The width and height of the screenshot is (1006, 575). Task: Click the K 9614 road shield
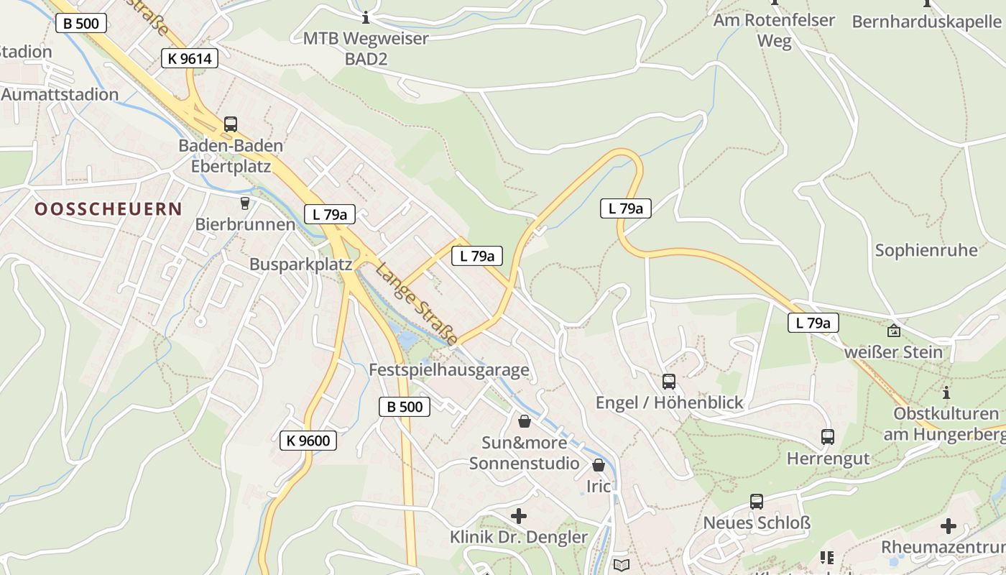pyautogui.click(x=190, y=59)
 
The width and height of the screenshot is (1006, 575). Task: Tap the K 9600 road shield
pyautogui.click(x=308, y=441)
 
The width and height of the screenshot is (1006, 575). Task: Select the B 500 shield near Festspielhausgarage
pyautogui.click(x=405, y=407)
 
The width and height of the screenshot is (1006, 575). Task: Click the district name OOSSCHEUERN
pyautogui.click(x=109, y=209)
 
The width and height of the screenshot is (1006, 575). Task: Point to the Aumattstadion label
pyautogui.click(x=60, y=94)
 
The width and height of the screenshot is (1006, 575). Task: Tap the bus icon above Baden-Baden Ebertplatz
pyautogui.click(x=230, y=124)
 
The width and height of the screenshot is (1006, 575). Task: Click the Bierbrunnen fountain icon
pyautogui.click(x=245, y=203)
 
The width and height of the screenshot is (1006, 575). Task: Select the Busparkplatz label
pyautogui.click(x=300, y=264)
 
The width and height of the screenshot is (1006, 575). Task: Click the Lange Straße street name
pyautogui.click(x=417, y=303)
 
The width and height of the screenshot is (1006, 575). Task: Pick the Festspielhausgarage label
pyautogui.click(x=448, y=370)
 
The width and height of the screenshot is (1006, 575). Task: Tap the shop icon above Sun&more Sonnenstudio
pyautogui.click(x=525, y=421)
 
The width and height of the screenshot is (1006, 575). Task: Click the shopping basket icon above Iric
pyautogui.click(x=599, y=465)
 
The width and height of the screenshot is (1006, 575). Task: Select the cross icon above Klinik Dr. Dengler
pyautogui.click(x=518, y=516)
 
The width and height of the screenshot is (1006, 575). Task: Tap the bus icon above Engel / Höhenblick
pyautogui.click(x=669, y=382)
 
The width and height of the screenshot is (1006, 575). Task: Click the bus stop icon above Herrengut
pyautogui.click(x=828, y=436)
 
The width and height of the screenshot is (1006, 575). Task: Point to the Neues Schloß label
pyautogui.click(x=757, y=523)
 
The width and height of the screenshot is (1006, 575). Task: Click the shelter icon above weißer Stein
pyautogui.click(x=893, y=331)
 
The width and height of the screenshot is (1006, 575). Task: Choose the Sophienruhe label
pyautogui.click(x=926, y=250)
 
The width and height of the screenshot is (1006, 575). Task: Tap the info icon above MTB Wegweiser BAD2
pyautogui.click(x=366, y=17)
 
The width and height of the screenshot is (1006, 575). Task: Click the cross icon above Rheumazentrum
pyautogui.click(x=949, y=526)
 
